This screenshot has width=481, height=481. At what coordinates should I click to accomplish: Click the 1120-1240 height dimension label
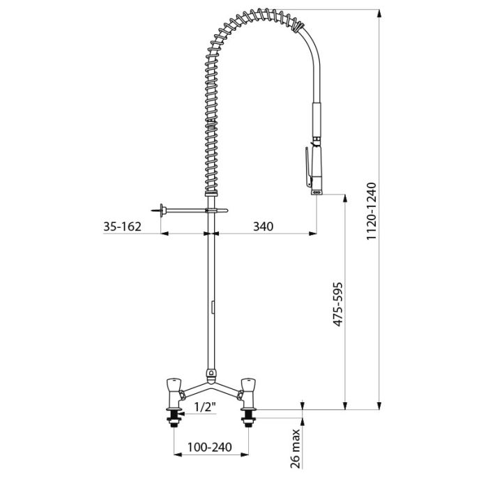coord(372,211)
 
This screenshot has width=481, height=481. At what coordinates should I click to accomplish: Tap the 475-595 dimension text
coord(337,305)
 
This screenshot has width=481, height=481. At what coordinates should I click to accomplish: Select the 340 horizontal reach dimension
coord(264,227)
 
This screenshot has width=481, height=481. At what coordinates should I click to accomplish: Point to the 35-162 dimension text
coord(123,227)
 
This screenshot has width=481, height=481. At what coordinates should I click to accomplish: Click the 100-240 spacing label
coord(210,447)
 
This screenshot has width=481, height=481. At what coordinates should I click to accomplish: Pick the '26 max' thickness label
coord(295,448)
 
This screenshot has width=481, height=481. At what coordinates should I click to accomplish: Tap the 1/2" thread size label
coord(205,407)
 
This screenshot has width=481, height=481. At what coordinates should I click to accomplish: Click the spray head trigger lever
coord(308,167)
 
